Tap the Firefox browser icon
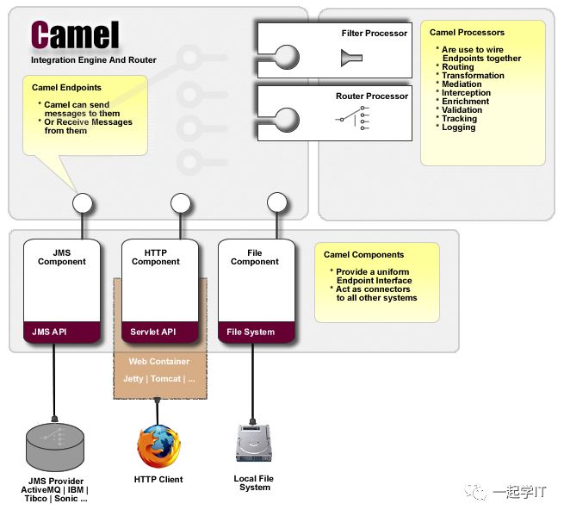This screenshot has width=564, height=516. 158,446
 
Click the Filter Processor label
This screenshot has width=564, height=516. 374,34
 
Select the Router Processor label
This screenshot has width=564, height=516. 372,96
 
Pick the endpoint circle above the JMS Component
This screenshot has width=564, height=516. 83,203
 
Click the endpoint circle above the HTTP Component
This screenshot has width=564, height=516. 180,203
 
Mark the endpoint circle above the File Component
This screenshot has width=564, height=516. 276,203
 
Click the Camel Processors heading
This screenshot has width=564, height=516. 467,33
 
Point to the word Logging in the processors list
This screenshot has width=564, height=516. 459,127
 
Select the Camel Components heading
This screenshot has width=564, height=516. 363,255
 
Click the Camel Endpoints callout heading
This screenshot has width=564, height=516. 66,88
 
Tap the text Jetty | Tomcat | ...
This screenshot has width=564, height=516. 158,379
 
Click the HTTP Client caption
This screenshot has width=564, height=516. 158,479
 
